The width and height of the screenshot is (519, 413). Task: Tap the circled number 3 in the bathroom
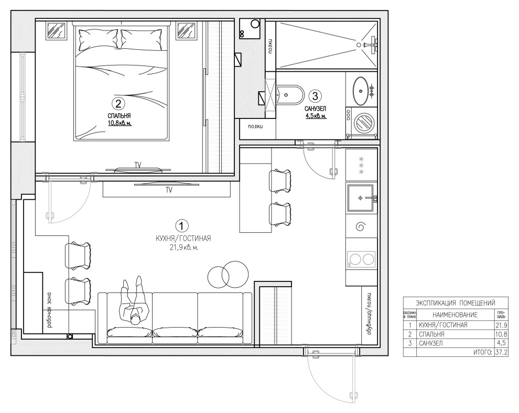point(315,96)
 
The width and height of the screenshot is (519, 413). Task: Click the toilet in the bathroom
point(290,95)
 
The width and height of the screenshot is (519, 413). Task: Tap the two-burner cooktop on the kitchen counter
point(361,259)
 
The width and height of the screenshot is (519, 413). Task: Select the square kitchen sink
point(361,198)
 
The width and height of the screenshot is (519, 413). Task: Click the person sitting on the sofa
point(134,300)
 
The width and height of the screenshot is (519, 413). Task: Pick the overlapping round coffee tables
point(228,274)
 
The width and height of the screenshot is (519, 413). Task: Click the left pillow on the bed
point(98,39)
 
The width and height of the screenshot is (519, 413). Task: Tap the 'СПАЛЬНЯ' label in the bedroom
point(119,116)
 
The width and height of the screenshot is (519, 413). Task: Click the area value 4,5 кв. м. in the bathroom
point(316,116)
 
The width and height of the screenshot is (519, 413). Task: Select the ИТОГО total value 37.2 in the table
point(501,352)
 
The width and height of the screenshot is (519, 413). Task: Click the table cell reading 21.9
point(501,325)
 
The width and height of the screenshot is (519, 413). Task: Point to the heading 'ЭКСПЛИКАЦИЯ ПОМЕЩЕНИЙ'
point(456,302)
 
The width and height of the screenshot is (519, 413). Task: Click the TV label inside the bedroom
point(138,165)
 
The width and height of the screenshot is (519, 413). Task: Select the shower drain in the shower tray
point(359,45)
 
